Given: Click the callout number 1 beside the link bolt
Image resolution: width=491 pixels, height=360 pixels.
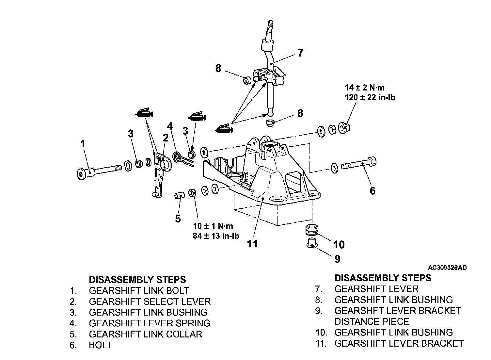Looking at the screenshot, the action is [83, 144].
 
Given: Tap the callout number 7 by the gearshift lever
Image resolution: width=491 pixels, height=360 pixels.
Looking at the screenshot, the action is [300, 53].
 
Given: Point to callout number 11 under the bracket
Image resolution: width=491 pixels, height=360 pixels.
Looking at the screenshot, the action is [252, 243].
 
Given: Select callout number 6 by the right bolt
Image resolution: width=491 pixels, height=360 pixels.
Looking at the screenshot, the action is [372, 191].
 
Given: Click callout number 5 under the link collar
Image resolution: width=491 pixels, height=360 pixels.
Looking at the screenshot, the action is [178, 219].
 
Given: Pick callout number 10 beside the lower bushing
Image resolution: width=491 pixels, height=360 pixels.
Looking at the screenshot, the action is [339, 244].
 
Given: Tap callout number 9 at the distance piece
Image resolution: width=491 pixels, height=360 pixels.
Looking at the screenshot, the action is [337, 259].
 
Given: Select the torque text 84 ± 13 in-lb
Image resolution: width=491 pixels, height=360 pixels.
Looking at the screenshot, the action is [216, 236].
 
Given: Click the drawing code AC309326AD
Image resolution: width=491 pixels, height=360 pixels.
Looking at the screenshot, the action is [447, 268].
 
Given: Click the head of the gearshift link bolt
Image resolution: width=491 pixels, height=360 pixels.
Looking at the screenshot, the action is [82, 174].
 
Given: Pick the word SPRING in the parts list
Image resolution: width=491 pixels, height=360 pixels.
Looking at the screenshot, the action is [193, 323].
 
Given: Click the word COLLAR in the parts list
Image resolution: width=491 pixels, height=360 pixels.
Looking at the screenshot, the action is [184, 334].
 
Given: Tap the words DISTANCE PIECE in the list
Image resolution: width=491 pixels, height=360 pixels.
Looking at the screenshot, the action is [372, 321].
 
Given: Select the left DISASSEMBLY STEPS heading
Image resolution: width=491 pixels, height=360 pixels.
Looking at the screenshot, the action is [137, 280].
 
